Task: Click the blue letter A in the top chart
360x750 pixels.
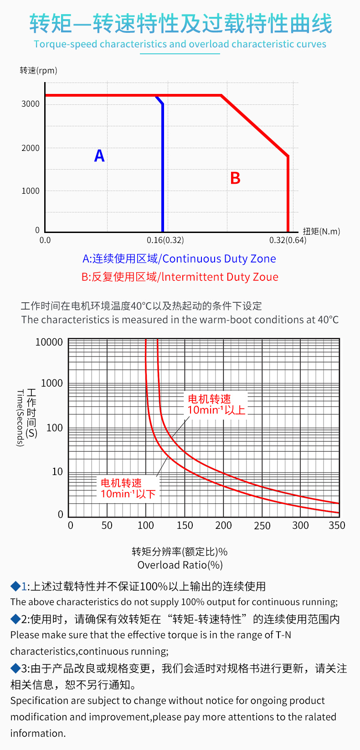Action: click(x=99, y=156)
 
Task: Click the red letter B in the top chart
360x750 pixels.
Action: click(x=235, y=178)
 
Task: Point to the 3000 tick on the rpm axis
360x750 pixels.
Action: click(x=31, y=104)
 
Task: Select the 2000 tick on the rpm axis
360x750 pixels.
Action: click(x=31, y=148)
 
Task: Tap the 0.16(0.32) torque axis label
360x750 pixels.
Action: click(x=165, y=240)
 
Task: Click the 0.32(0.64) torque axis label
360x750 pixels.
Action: click(x=288, y=240)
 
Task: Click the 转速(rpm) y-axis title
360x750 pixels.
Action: click(x=38, y=71)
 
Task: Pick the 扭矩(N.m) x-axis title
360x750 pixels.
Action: click(x=321, y=231)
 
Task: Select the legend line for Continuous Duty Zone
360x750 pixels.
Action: click(x=179, y=259)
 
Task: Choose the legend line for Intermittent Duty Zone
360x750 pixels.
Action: click(x=180, y=277)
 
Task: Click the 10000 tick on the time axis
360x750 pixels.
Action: click(x=49, y=342)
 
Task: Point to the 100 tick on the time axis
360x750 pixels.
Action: click(x=54, y=428)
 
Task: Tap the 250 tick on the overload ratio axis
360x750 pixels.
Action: click(x=262, y=526)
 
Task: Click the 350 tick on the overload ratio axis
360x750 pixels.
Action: click(x=337, y=526)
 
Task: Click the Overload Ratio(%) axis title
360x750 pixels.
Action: click(x=180, y=565)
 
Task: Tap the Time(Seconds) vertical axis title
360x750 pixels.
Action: click(x=20, y=418)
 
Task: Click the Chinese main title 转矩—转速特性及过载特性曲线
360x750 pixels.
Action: click(x=181, y=24)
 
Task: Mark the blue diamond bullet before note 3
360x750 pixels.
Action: click(x=15, y=668)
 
